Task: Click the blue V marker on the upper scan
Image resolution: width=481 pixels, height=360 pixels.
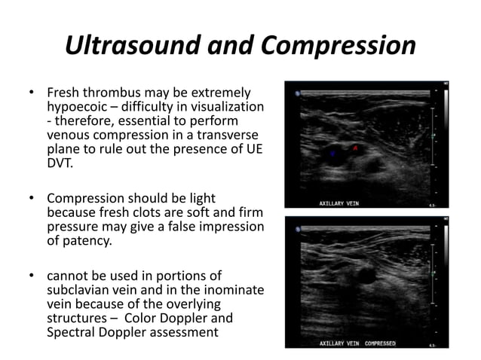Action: tap(333, 154)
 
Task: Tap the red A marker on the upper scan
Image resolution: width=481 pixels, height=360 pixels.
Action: tap(355, 149)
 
